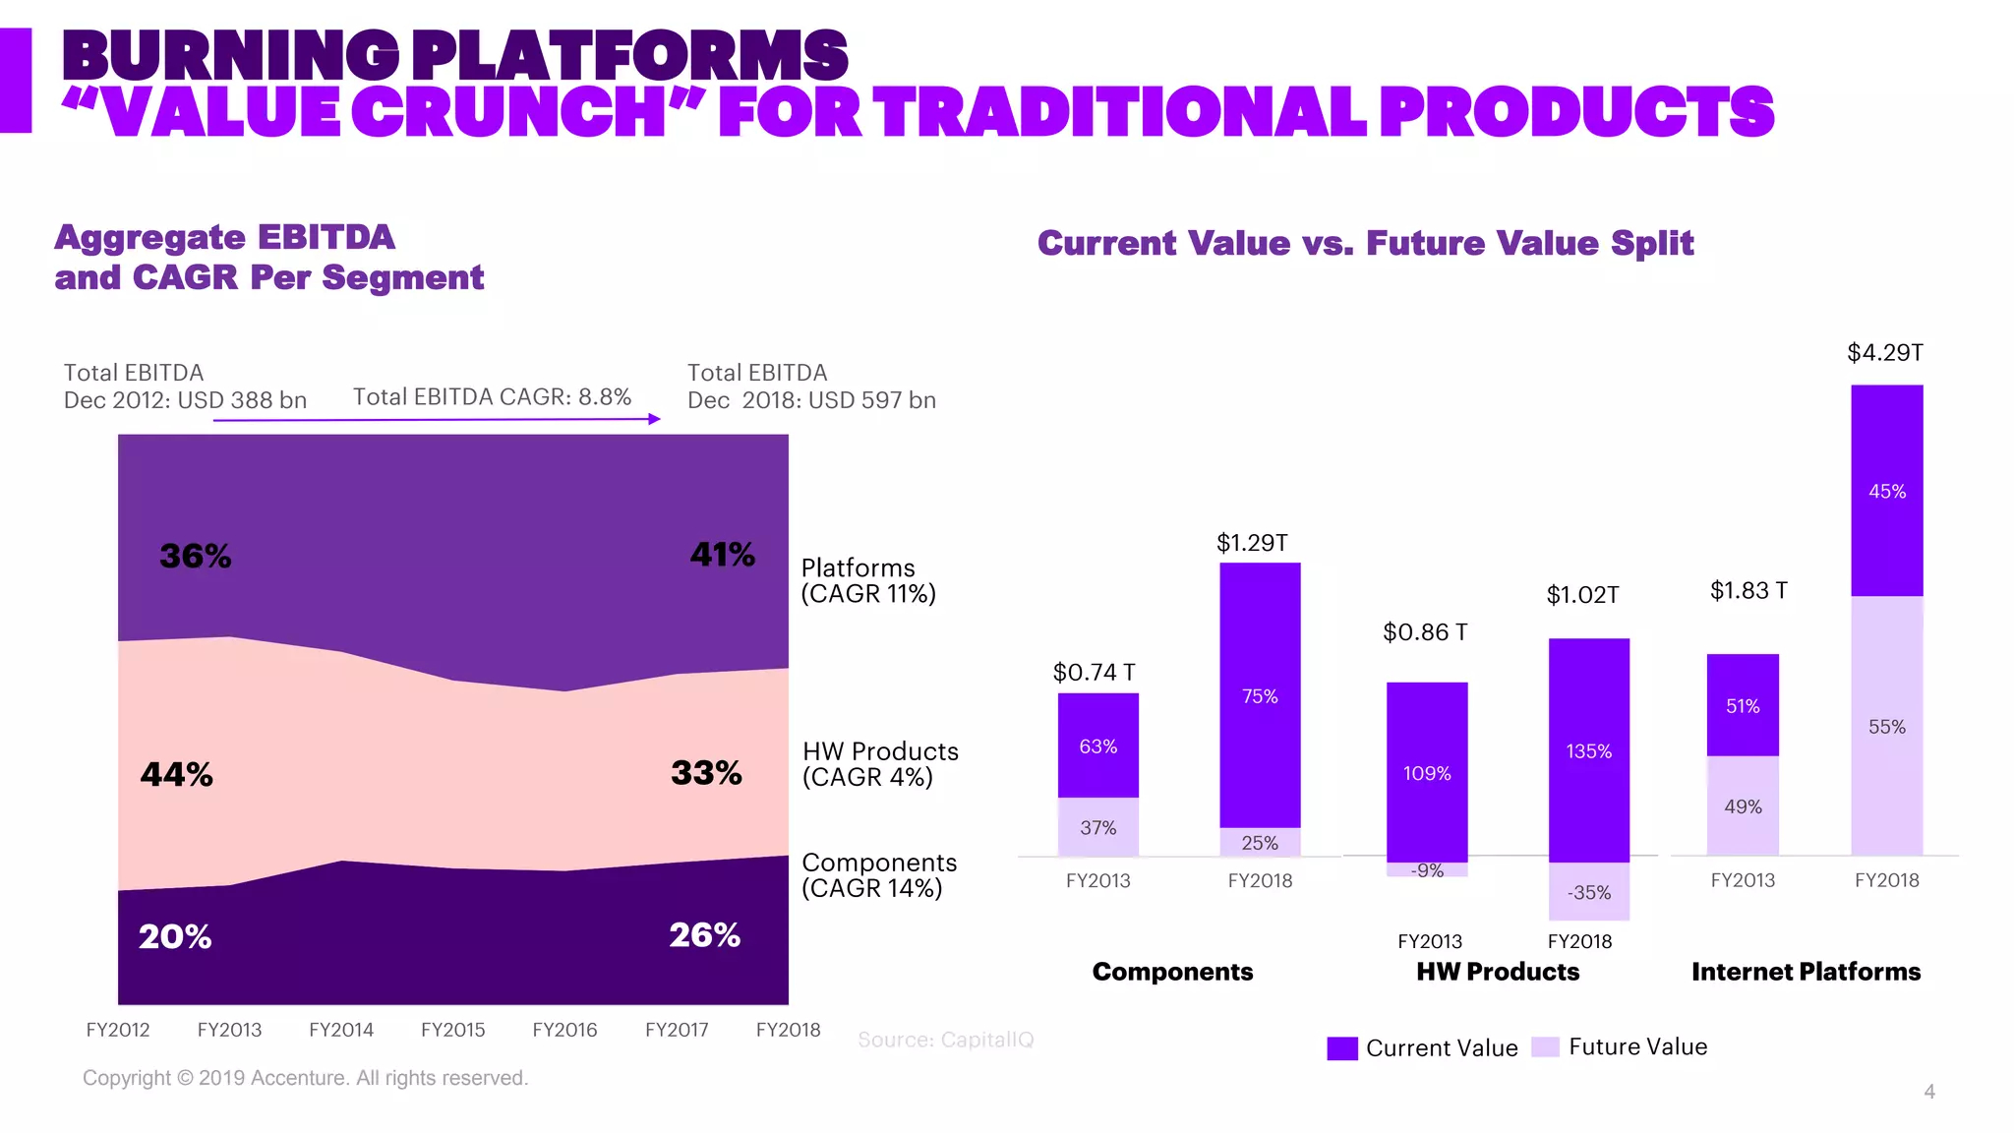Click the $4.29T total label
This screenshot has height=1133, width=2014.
click(x=1884, y=353)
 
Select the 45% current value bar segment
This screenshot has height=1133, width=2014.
click(x=1886, y=491)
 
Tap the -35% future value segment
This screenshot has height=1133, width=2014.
click(x=1588, y=892)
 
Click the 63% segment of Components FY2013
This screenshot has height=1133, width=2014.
click(x=1097, y=745)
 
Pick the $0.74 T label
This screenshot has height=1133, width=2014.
click(x=1094, y=673)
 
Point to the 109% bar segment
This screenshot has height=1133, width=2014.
click(x=1426, y=773)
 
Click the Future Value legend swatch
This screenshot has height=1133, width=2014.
click(x=1545, y=1047)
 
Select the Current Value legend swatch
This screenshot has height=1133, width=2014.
click(x=1341, y=1048)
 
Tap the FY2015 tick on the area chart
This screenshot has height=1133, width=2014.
click(x=452, y=1030)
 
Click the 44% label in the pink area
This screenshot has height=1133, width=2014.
click(x=176, y=775)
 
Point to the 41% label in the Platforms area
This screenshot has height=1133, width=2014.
click(x=722, y=555)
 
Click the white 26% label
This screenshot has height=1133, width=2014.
click(x=704, y=935)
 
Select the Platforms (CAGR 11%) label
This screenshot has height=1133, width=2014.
click(x=867, y=581)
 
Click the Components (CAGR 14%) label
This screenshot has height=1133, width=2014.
click(x=878, y=875)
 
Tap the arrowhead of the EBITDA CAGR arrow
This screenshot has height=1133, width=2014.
click(x=655, y=419)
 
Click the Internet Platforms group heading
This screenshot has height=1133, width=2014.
click(x=1805, y=972)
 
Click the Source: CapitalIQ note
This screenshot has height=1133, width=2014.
click(x=945, y=1040)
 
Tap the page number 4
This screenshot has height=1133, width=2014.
click(x=1928, y=1092)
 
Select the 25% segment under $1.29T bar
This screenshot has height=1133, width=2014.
click(x=1259, y=843)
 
